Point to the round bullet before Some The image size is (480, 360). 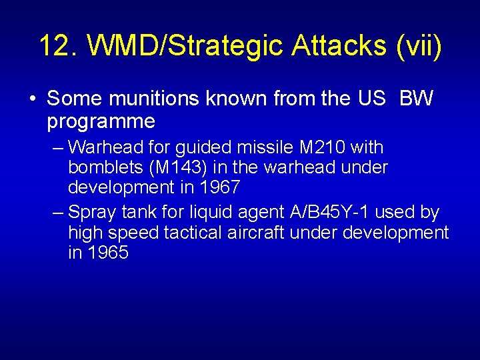click(32, 99)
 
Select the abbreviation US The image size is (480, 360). click(371, 99)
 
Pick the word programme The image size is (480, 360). click(101, 121)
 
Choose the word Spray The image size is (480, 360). click(91, 213)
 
